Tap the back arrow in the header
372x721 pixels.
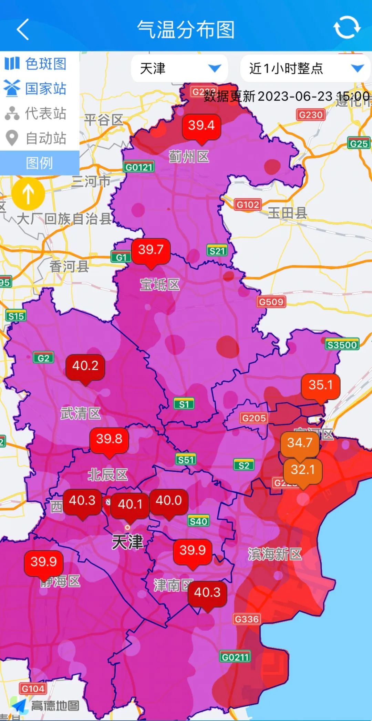pyautogui.click(x=23, y=29)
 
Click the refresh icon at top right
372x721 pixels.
pyautogui.click(x=347, y=27)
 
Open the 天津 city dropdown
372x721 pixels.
pyautogui.click(x=179, y=68)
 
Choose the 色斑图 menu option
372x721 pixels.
pyautogui.click(x=36, y=64)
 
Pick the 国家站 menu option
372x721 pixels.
pyautogui.click(x=36, y=89)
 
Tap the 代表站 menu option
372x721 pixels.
pyautogui.click(x=36, y=113)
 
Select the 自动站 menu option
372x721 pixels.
pyautogui.click(x=36, y=138)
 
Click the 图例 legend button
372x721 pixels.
pyautogui.click(x=39, y=163)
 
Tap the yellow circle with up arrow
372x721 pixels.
pyautogui.click(x=28, y=193)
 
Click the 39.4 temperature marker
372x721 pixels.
pyautogui.click(x=201, y=126)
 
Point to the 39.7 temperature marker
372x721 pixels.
pyautogui.click(x=151, y=250)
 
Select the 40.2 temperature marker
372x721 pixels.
pyautogui.click(x=85, y=366)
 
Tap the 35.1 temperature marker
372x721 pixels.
pyautogui.click(x=321, y=385)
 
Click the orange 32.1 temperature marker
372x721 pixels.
pyautogui.click(x=303, y=470)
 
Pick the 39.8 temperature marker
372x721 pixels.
pyautogui.click(x=109, y=439)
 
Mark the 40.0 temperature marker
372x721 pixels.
pyautogui.click(x=169, y=501)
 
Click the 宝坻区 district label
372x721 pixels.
pyautogui.click(x=160, y=285)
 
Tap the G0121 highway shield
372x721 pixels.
pyautogui.click(x=139, y=167)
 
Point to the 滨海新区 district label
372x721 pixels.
pyautogui.click(x=275, y=554)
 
